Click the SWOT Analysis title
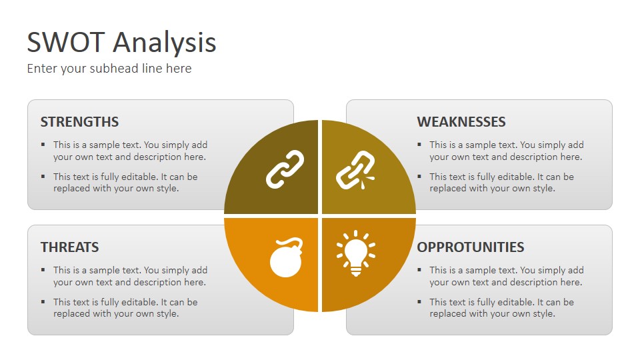point(121,43)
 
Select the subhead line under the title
point(109,68)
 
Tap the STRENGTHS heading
point(79,121)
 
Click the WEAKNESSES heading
point(461,121)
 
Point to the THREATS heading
point(70,247)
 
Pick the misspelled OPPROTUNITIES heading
point(471,247)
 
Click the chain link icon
point(285,169)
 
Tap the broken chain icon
point(355,170)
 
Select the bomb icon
point(286,257)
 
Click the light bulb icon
point(356,253)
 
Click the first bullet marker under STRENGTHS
point(43,145)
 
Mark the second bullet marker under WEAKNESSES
point(419,176)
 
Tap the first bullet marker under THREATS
point(43,270)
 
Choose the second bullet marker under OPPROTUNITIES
point(419,301)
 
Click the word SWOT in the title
point(66,43)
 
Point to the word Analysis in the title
point(165,43)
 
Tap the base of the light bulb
point(356,271)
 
